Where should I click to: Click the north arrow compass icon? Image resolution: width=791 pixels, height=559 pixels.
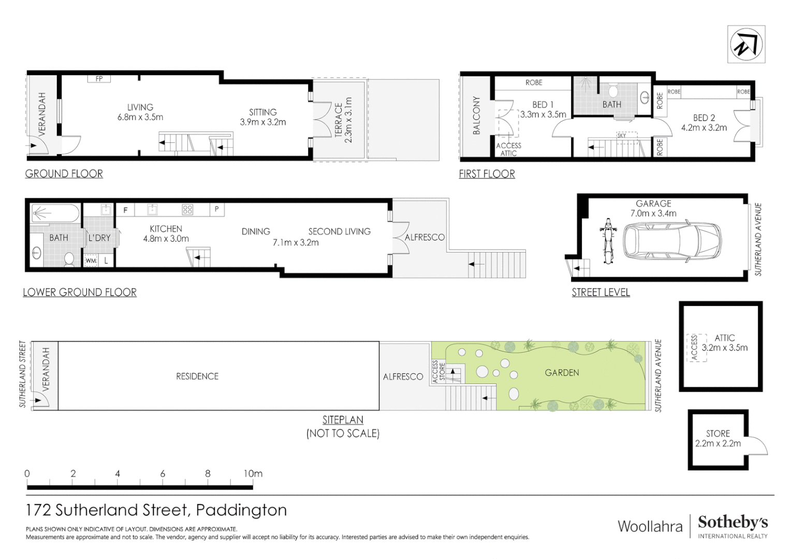(x=746, y=45)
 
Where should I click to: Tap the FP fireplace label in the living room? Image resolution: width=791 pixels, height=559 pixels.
(x=99, y=79)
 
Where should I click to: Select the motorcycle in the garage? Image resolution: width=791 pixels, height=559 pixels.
(x=607, y=241)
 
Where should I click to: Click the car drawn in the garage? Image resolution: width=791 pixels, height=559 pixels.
(x=672, y=241)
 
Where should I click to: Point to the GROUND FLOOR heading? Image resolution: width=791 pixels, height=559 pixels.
(x=64, y=174)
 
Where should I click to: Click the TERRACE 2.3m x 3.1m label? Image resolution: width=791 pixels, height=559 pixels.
(x=343, y=120)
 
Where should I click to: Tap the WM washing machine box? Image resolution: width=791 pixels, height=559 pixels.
(x=91, y=261)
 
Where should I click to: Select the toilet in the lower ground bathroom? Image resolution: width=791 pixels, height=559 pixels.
(x=69, y=258)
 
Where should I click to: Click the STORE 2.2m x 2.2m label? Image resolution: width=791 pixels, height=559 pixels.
(x=717, y=438)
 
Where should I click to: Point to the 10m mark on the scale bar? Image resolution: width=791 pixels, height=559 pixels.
(x=253, y=474)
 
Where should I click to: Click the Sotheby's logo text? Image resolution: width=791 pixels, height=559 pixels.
(x=733, y=522)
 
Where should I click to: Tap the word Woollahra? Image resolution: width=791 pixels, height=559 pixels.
(x=650, y=526)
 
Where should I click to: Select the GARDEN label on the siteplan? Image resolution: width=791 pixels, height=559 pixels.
(x=562, y=373)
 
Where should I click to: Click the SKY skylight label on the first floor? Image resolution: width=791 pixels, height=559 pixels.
(x=622, y=135)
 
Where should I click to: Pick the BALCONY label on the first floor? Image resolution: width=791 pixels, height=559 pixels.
(x=476, y=115)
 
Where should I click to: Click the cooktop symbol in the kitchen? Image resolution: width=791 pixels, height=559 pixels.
(x=187, y=210)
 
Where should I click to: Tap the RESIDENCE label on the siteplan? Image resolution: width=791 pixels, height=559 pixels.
(x=197, y=376)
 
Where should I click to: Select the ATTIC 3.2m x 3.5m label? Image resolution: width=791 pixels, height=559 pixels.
(x=724, y=343)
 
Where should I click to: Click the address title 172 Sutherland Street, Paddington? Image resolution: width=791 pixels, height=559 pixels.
(x=156, y=510)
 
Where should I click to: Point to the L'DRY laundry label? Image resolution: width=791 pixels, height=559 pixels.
(x=99, y=238)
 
